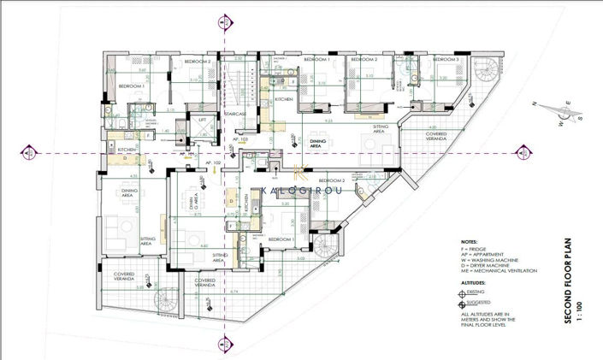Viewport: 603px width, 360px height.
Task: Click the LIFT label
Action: click(203, 120)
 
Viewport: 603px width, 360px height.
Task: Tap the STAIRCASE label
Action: click(236, 114)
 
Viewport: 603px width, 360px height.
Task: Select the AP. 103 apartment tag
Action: click(240, 139)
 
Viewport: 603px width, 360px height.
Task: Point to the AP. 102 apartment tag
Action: click(213, 162)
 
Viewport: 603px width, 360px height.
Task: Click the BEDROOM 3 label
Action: click(446, 60)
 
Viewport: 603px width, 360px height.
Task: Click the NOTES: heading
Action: click(469, 241)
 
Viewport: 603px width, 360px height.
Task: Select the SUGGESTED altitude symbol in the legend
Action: click(463, 303)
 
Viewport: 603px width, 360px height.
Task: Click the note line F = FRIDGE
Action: click(476, 249)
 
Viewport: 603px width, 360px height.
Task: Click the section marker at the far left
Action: click(29, 153)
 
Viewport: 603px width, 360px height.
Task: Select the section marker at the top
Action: click(225, 21)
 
